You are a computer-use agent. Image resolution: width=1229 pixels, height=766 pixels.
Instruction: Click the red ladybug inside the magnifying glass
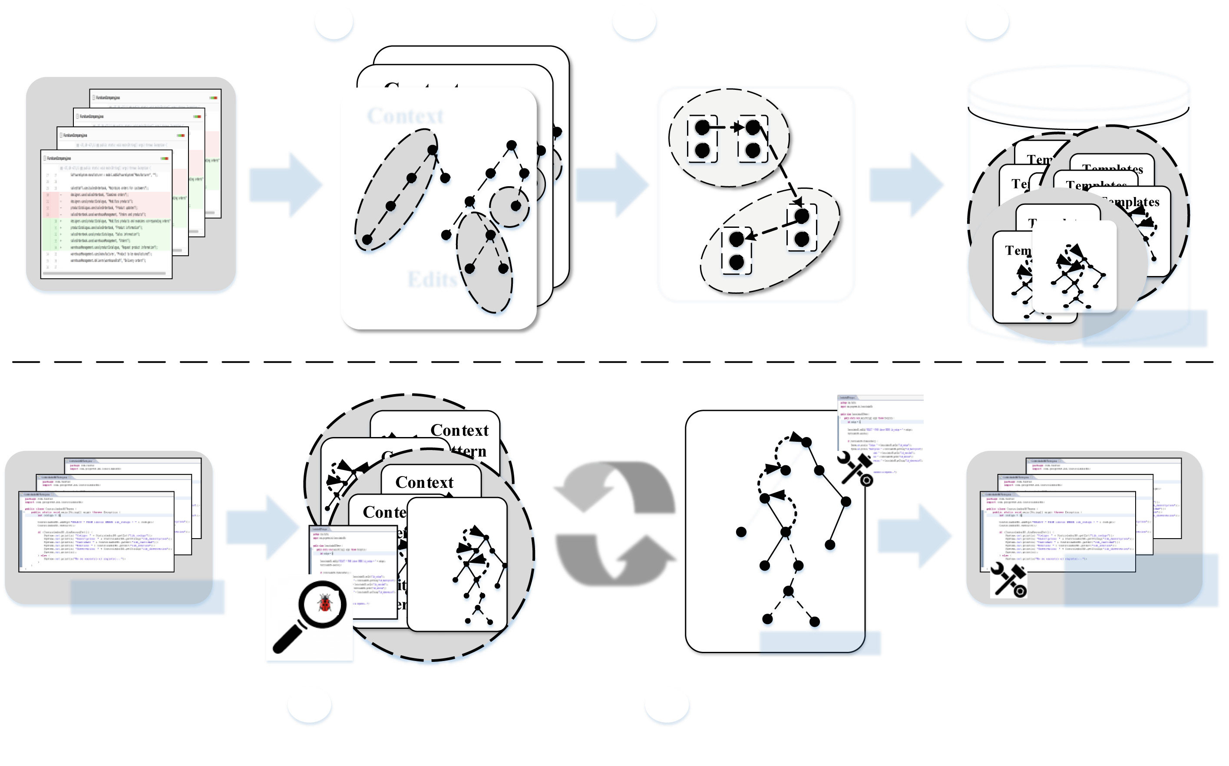325,603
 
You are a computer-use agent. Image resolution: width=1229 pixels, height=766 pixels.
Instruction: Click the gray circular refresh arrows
615,524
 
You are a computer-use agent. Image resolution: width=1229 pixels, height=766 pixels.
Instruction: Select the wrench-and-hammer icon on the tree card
856,469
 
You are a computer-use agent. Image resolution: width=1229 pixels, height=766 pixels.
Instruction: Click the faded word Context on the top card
406,116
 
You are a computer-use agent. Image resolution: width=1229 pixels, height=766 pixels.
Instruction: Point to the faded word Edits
432,279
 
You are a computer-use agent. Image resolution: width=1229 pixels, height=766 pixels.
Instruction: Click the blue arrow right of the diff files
286,185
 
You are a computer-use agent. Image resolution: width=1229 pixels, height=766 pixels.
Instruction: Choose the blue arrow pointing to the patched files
915,535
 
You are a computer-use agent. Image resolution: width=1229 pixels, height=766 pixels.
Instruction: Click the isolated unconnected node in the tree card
741,532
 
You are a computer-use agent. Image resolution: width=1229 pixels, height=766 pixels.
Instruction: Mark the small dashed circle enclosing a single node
509,207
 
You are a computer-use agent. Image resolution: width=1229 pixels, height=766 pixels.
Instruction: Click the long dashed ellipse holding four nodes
396,190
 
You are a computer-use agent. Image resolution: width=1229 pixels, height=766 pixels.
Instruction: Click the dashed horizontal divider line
613,362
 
